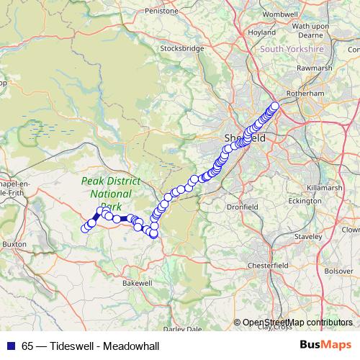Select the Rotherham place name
click(305, 94)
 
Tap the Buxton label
click(14, 244)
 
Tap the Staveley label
click(308, 236)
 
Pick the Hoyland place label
click(261, 32)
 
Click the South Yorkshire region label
click(292, 49)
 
